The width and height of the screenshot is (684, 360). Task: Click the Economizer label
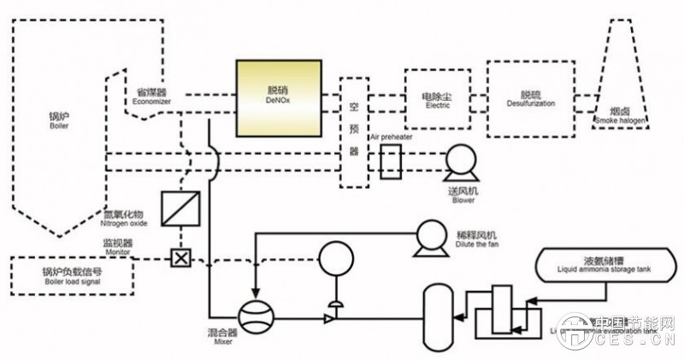tap(152, 95)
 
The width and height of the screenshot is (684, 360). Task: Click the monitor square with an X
tap(181, 257)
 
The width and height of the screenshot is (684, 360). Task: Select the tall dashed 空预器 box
tap(354, 133)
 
